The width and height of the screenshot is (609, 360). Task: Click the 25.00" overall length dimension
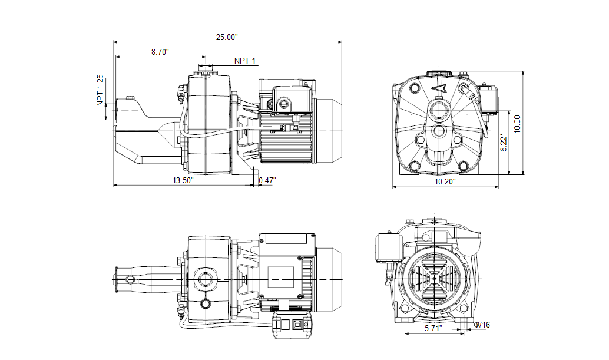pos(226,37)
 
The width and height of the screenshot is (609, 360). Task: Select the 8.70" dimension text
pos(160,52)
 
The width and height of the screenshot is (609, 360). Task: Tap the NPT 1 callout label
pos(245,61)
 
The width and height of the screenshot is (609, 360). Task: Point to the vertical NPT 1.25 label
pos(100,90)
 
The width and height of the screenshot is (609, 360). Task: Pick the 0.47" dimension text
pos(267,180)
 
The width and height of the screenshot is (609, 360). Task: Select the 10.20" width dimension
pos(445,182)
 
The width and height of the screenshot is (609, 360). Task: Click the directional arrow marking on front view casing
pos(439,89)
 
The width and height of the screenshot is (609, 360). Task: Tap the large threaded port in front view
pos(438,110)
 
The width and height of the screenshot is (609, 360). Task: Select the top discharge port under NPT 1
pos(206,73)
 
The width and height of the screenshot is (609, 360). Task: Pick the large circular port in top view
pos(206,277)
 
